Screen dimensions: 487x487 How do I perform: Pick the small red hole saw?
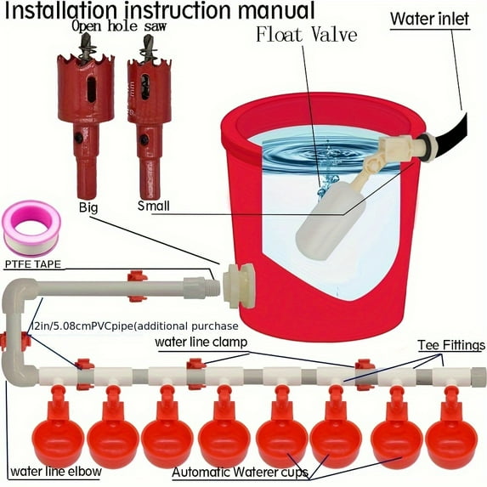(x=149, y=110)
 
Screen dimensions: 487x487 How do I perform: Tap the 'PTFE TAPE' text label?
(x=39, y=265)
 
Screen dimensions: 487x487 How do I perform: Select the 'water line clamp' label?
(x=201, y=342)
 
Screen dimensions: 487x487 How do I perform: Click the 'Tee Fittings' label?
(x=450, y=345)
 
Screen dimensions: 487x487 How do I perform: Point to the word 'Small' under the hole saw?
(x=153, y=206)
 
